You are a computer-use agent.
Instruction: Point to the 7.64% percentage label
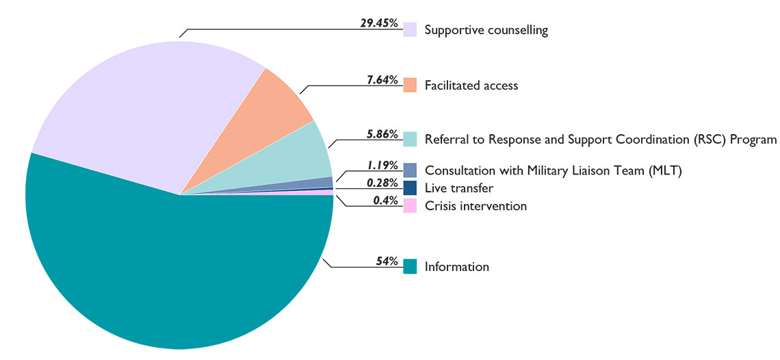pyautogui.click(x=382, y=79)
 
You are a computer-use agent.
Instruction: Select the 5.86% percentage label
pyautogui.click(x=382, y=134)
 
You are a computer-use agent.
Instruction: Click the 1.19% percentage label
pyautogui.click(x=382, y=165)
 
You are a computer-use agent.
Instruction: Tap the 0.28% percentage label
pyautogui.click(x=382, y=183)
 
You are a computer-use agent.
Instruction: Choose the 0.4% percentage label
pyautogui.click(x=386, y=201)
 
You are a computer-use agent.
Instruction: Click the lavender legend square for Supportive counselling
pyautogui.click(x=410, y=29)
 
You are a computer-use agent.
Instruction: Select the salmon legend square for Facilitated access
pyautogui.click(x=410, y=85)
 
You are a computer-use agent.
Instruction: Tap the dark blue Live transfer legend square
pyautogui.click(x=410, y=188)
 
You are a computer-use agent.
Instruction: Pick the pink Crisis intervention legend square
pyautogui.click(x=410, y=205)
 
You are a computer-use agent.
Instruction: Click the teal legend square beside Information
pyautogui.click(x=410, y=266)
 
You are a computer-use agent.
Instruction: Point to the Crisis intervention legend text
pyautogui.click(x=476, y=205)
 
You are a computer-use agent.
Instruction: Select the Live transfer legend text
pyautogui.click(x=458, y=188)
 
